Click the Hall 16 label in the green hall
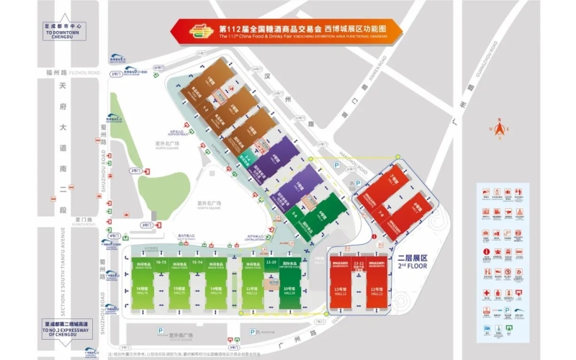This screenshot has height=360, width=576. (x=142, y=291)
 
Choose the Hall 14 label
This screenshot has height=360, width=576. (x=215, y=291)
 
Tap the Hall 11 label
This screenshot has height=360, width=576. (x=252, y=291)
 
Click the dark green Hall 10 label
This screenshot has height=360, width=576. (x=289, y=291)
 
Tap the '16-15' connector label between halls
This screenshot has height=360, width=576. (x=161, y=263)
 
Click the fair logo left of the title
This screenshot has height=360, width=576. (x=195, y=32)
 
